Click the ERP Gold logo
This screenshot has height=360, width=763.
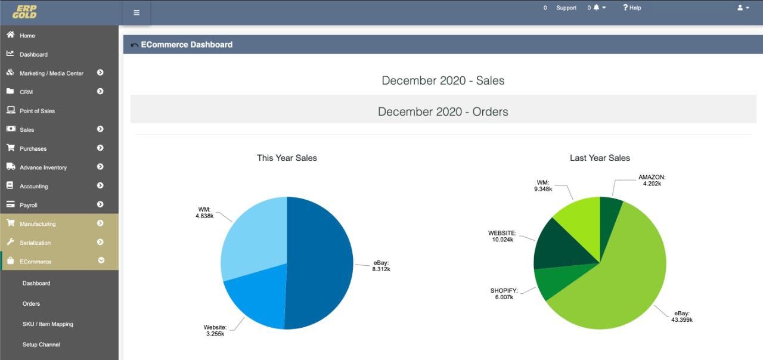24,12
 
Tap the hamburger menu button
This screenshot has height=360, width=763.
137,13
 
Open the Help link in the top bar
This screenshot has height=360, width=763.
632,8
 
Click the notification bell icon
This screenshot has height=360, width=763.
596,8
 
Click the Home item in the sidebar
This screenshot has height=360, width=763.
27,36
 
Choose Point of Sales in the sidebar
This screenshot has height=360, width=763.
37,111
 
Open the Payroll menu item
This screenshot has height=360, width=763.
28,205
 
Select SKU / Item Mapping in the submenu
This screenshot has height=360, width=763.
48,324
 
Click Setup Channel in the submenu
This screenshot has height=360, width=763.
41,345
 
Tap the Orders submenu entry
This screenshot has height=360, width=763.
31,303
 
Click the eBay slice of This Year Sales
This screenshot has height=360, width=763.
322,262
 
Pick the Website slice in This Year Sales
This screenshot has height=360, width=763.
256,298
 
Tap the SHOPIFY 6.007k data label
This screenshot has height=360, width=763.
504,294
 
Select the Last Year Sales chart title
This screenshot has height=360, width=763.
600,158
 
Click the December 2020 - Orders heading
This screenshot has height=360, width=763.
443,111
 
